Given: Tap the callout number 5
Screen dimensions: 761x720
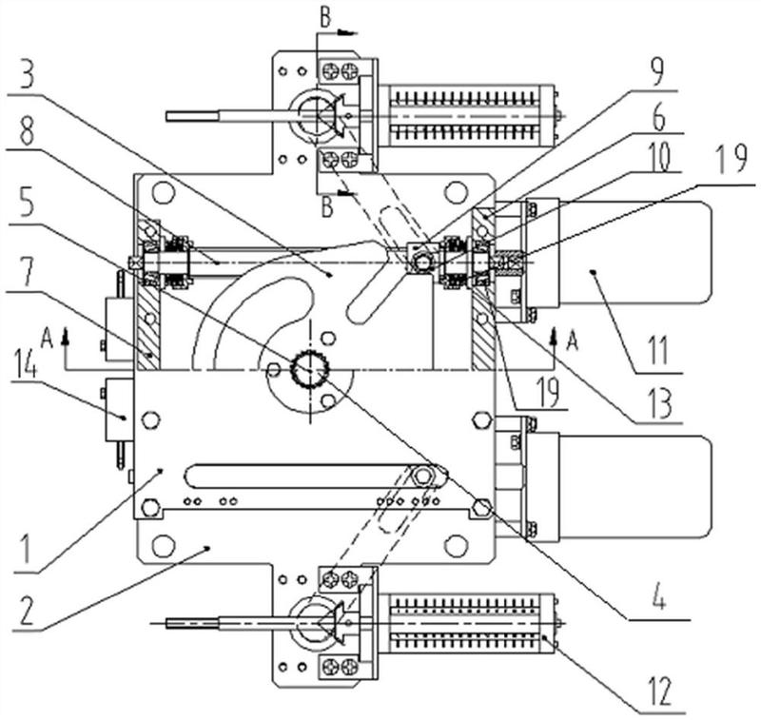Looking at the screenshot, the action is tap(27, 203).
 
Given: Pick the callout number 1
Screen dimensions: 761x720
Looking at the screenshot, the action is tap(25, 547).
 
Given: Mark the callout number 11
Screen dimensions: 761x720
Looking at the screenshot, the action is tap(658, 350).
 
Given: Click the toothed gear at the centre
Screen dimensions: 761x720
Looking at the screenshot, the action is tap(310, 369).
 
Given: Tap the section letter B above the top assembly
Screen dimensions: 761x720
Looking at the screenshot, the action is tap(325, 17).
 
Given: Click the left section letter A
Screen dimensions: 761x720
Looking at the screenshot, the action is tap(47, 340).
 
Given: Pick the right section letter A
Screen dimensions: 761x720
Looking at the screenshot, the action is tap(573, 341).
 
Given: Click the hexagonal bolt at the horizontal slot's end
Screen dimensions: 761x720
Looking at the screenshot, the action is tap(424, 476).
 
